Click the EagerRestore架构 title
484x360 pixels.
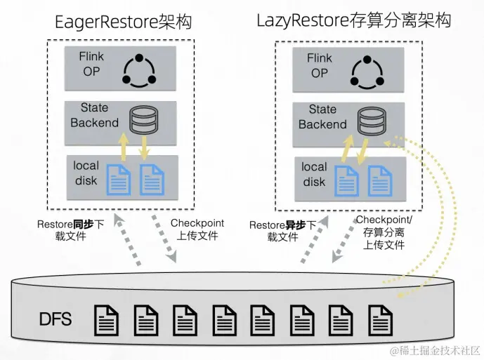point(124,22)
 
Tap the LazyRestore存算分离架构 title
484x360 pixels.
point(354,20)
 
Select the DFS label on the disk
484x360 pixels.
point(55,319)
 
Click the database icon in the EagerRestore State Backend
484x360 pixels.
point(143,120)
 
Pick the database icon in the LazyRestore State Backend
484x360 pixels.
point(372,121)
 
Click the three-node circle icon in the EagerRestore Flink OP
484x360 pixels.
point(139,71)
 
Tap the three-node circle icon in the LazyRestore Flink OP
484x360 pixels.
point(367,72)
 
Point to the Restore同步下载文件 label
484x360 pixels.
point(70,230)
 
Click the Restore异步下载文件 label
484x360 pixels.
point(283,231)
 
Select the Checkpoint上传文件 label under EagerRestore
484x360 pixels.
point(197,229)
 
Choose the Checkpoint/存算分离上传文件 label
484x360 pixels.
point(384,232)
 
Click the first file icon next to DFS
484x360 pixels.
point(106,321)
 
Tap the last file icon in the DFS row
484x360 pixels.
point(380,321)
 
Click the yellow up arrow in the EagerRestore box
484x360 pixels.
point(124,147)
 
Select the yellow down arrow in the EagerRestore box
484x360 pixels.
point(144,148)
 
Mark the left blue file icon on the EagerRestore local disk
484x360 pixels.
point(119,180)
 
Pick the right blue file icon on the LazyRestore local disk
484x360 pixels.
point(380,181)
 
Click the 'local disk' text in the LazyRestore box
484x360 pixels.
point(314,174)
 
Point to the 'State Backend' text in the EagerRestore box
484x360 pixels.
point(94,115)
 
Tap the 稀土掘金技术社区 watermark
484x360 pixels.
point(435,351)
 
